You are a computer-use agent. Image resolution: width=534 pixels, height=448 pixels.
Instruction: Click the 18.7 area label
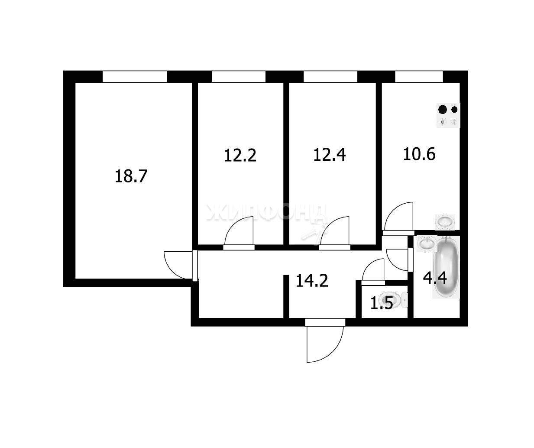(x=131, y=176)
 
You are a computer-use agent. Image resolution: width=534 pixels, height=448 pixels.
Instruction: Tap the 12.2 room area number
(x=240, y=155)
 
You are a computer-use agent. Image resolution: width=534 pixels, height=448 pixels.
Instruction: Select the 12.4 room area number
(x=330, y=155)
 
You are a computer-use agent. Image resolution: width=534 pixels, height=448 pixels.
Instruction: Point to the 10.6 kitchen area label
(x=419, y=154)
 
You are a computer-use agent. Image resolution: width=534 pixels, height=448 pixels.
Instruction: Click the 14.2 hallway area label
(x=312, y=280)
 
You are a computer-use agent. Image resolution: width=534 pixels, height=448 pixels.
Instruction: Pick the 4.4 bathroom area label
(x=435, y=278)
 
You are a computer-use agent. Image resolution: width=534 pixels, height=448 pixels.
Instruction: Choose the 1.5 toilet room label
(x=381, y=304)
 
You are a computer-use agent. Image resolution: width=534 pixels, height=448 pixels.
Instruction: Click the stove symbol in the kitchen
(x=448, y=115)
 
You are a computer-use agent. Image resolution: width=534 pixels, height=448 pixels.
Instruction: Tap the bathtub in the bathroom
(x=447, y=267)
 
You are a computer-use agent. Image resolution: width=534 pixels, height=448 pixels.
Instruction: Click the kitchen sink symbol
(x=445, y=222)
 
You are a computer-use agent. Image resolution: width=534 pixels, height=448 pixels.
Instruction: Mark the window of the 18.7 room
(x=135, y=77)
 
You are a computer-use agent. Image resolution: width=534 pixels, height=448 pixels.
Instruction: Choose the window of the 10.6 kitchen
(x=419, y=77)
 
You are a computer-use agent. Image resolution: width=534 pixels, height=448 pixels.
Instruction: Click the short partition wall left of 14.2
(x=286, y=296)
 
